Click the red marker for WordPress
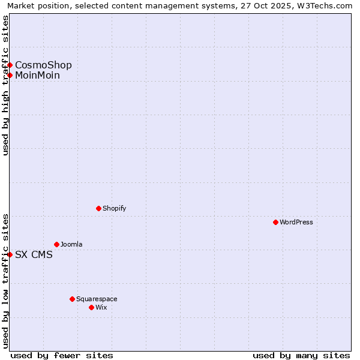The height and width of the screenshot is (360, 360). point(275,222)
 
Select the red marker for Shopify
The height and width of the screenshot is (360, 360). point(98,208)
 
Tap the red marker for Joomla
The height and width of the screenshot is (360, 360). point(56,244)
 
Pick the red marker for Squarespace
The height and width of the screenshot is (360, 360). point(72,299)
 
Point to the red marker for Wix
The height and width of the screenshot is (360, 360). point(91,307)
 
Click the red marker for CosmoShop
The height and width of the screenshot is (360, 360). point(10,65)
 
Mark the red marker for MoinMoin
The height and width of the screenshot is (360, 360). point(10,75)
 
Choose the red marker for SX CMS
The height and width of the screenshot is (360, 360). point(10,254)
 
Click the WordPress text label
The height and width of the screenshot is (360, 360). point(296,222)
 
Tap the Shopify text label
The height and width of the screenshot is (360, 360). point(115,208)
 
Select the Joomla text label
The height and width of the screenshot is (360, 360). point(71,244)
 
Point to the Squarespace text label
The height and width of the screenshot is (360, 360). point(97,299)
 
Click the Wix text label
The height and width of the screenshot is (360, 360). point(101,307)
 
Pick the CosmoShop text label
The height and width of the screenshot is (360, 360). point(43,65)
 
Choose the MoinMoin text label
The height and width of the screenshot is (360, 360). point(37,75)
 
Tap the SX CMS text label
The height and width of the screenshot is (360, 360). point(34,254)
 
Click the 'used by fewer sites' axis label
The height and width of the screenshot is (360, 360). point(62,355)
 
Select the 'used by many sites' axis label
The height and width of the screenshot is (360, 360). point(301,355)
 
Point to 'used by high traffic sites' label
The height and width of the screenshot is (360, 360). point(5,85)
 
